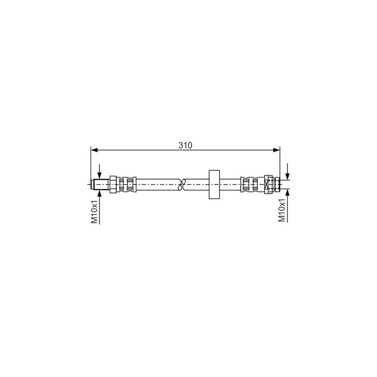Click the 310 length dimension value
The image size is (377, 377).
(x=186, y=145)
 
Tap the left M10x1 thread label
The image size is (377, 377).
(x=95, y=212)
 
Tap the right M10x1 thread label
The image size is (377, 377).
(x=281, y=210)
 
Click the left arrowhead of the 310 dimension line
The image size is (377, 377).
(x=94, y=150)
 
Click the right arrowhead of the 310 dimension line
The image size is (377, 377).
(x=277, y=150)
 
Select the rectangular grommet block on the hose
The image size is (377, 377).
(x=214, y=184)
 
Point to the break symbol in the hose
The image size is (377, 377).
(x=182, y=184)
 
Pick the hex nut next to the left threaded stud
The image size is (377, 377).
(x=113, y=184)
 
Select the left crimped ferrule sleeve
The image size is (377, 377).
(x=126, y=184)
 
